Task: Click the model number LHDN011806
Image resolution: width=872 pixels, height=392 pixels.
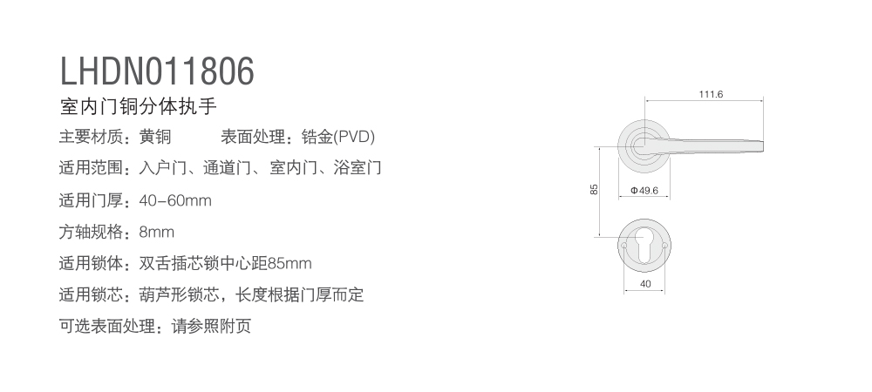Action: point(157,71)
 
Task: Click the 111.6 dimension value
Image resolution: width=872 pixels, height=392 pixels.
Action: point(711,94)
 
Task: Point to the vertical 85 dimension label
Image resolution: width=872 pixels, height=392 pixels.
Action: point(594,189)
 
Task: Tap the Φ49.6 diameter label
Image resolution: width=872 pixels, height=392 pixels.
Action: point(644,191)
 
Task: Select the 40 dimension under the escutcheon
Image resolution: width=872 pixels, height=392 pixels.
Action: point(645,284)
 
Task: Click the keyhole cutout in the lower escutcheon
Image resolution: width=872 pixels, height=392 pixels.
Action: point(644,245)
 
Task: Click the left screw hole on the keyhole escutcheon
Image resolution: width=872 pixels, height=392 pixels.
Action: point(623,245)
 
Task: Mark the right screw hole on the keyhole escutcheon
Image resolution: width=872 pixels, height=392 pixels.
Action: point(664,245)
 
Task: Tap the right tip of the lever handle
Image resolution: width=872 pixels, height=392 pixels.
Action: point(763,145)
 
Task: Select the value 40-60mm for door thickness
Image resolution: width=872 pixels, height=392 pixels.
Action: point(175,200)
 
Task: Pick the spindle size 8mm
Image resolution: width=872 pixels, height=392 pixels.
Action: point(157,232)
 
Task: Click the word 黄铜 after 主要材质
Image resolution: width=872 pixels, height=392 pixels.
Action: point(155,137)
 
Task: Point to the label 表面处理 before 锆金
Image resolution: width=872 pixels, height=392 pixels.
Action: point(253,137)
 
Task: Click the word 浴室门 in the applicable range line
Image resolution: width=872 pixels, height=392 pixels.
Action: point(357,167)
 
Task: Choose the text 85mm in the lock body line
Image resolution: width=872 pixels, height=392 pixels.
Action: point(290,263)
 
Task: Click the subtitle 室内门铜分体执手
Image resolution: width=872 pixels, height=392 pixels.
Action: point(138,106)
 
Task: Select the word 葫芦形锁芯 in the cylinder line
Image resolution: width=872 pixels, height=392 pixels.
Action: point(179,294)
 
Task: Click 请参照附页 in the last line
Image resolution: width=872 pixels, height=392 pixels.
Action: point(211,326)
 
